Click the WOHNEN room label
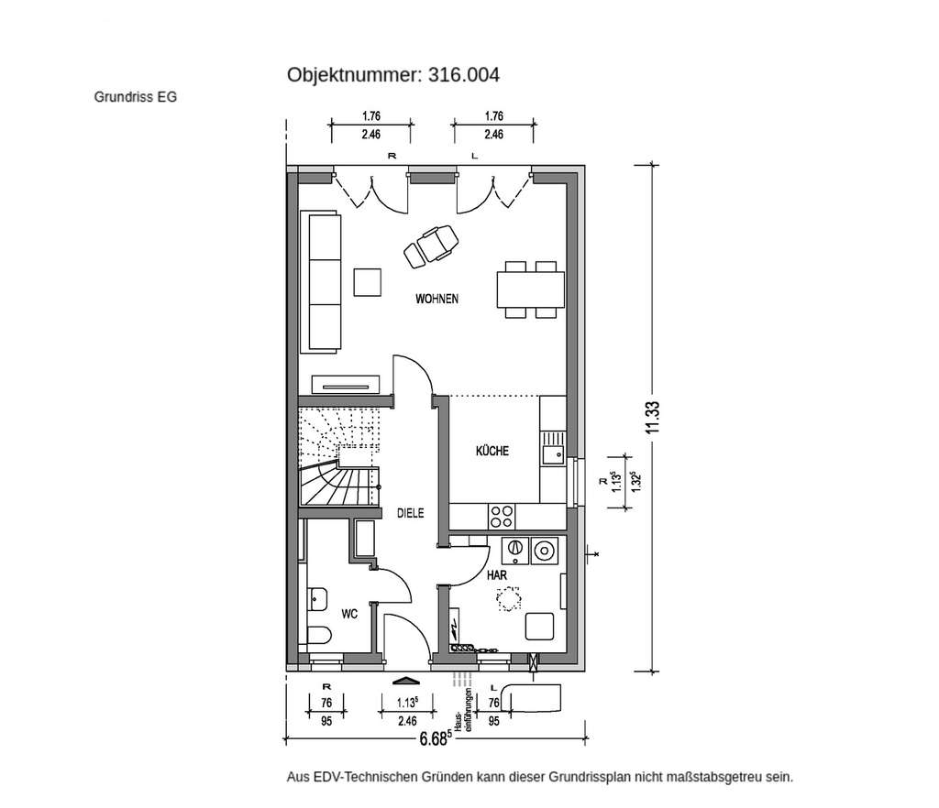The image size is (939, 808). click(x=436, y=300)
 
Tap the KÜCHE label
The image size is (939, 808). click(x=492, y=451)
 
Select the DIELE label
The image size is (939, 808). click(x=410, y=514)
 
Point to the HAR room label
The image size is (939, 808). click(x=497, y=573)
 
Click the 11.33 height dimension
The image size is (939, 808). click(x=653, y=418)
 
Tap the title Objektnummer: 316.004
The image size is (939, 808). click(x=393, y=75)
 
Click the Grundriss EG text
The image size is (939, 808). click(x=135, y=95)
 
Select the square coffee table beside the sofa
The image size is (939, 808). click(x=369, y=282)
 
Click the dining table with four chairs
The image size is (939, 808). click(x=531, y=289)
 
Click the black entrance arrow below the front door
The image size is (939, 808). click(x=404, y=681)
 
